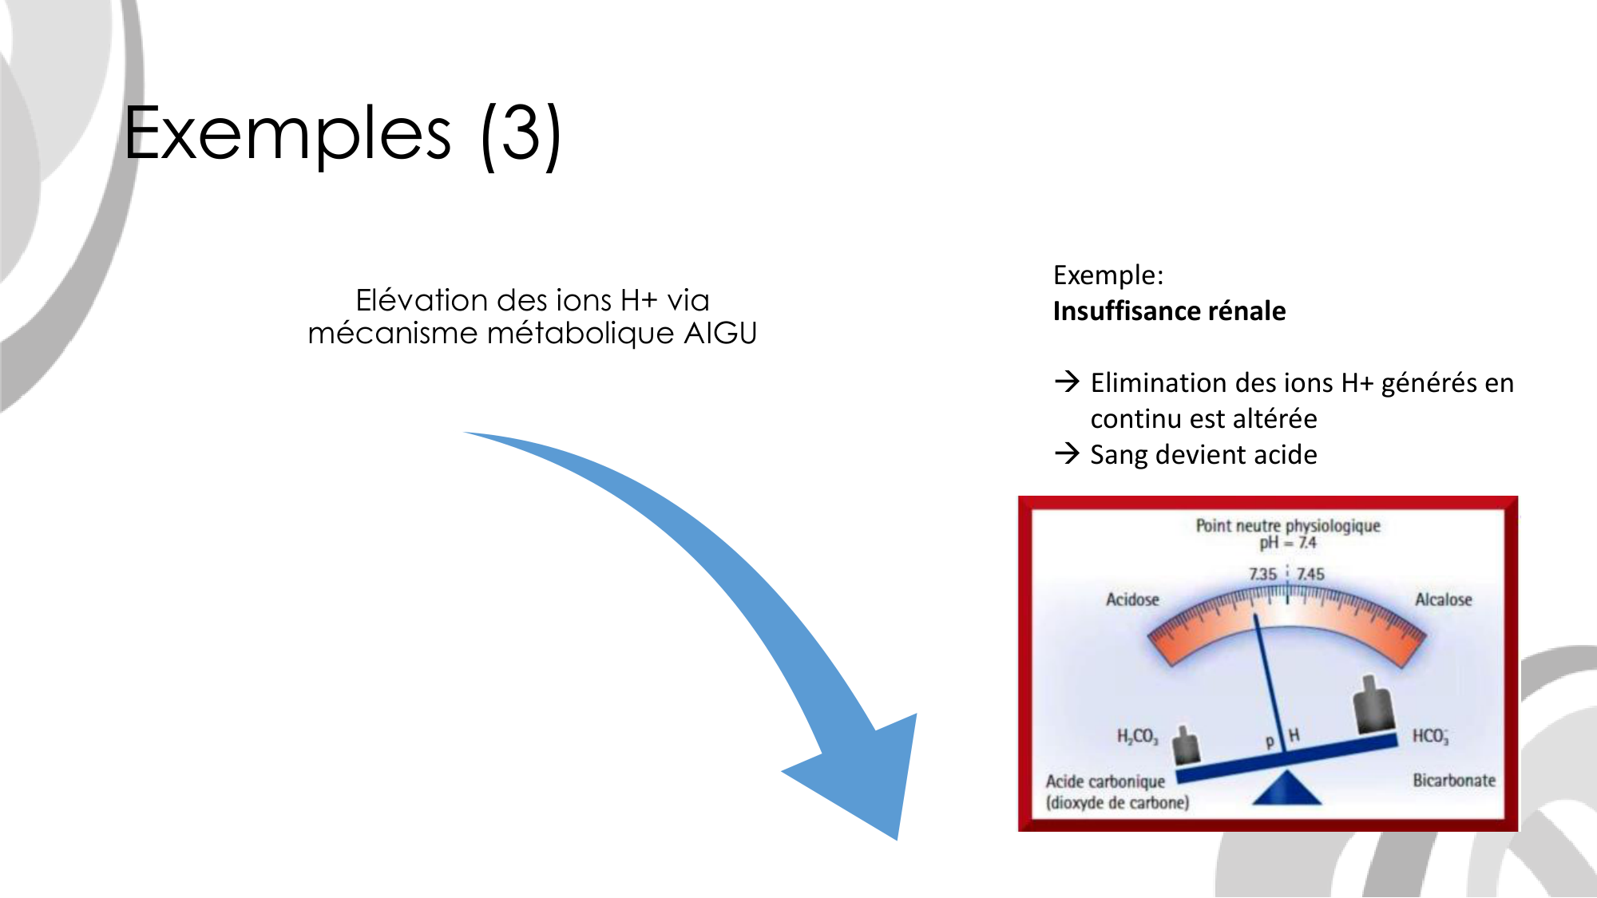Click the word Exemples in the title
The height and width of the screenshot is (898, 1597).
(288, 133)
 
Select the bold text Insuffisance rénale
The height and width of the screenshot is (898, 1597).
(1169, 311)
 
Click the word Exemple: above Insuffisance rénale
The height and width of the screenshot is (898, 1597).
(1108, 275)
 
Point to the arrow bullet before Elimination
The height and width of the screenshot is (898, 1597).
(1067, 382)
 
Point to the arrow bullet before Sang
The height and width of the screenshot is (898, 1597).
(1067, 453)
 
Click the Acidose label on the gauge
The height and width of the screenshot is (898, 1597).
(1132, 599)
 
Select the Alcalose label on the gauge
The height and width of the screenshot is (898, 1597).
(1443, 599)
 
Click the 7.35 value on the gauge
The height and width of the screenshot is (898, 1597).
(1262, 574)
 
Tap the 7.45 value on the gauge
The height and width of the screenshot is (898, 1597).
(1310, 574)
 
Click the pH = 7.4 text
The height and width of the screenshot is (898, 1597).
(1288, 543)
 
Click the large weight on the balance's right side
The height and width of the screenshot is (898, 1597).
(1373, 706)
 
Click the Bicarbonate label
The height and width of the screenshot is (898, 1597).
(1454, 780)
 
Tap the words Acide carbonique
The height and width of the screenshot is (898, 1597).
(1105, 781)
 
